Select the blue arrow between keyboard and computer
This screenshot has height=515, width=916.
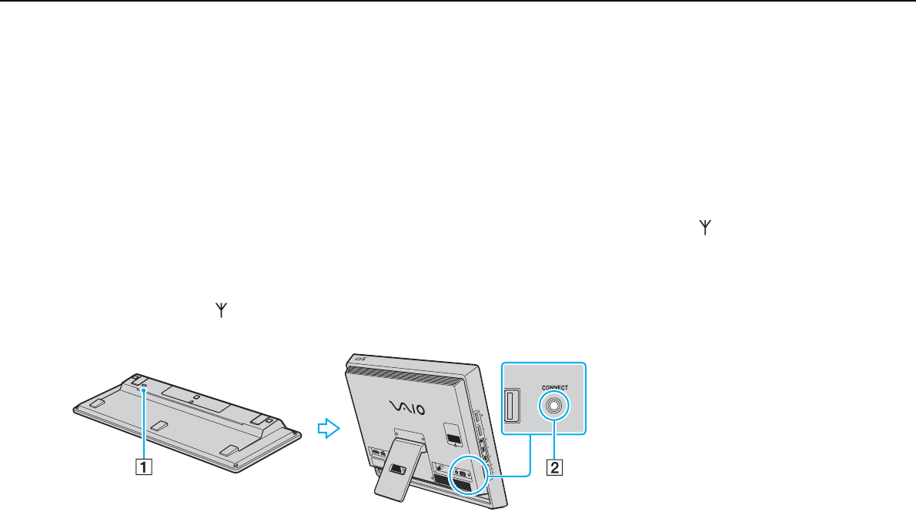pos(329,429)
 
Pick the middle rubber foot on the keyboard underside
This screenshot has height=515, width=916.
pos(158,423)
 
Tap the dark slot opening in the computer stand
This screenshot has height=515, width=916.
pos(399,467)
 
